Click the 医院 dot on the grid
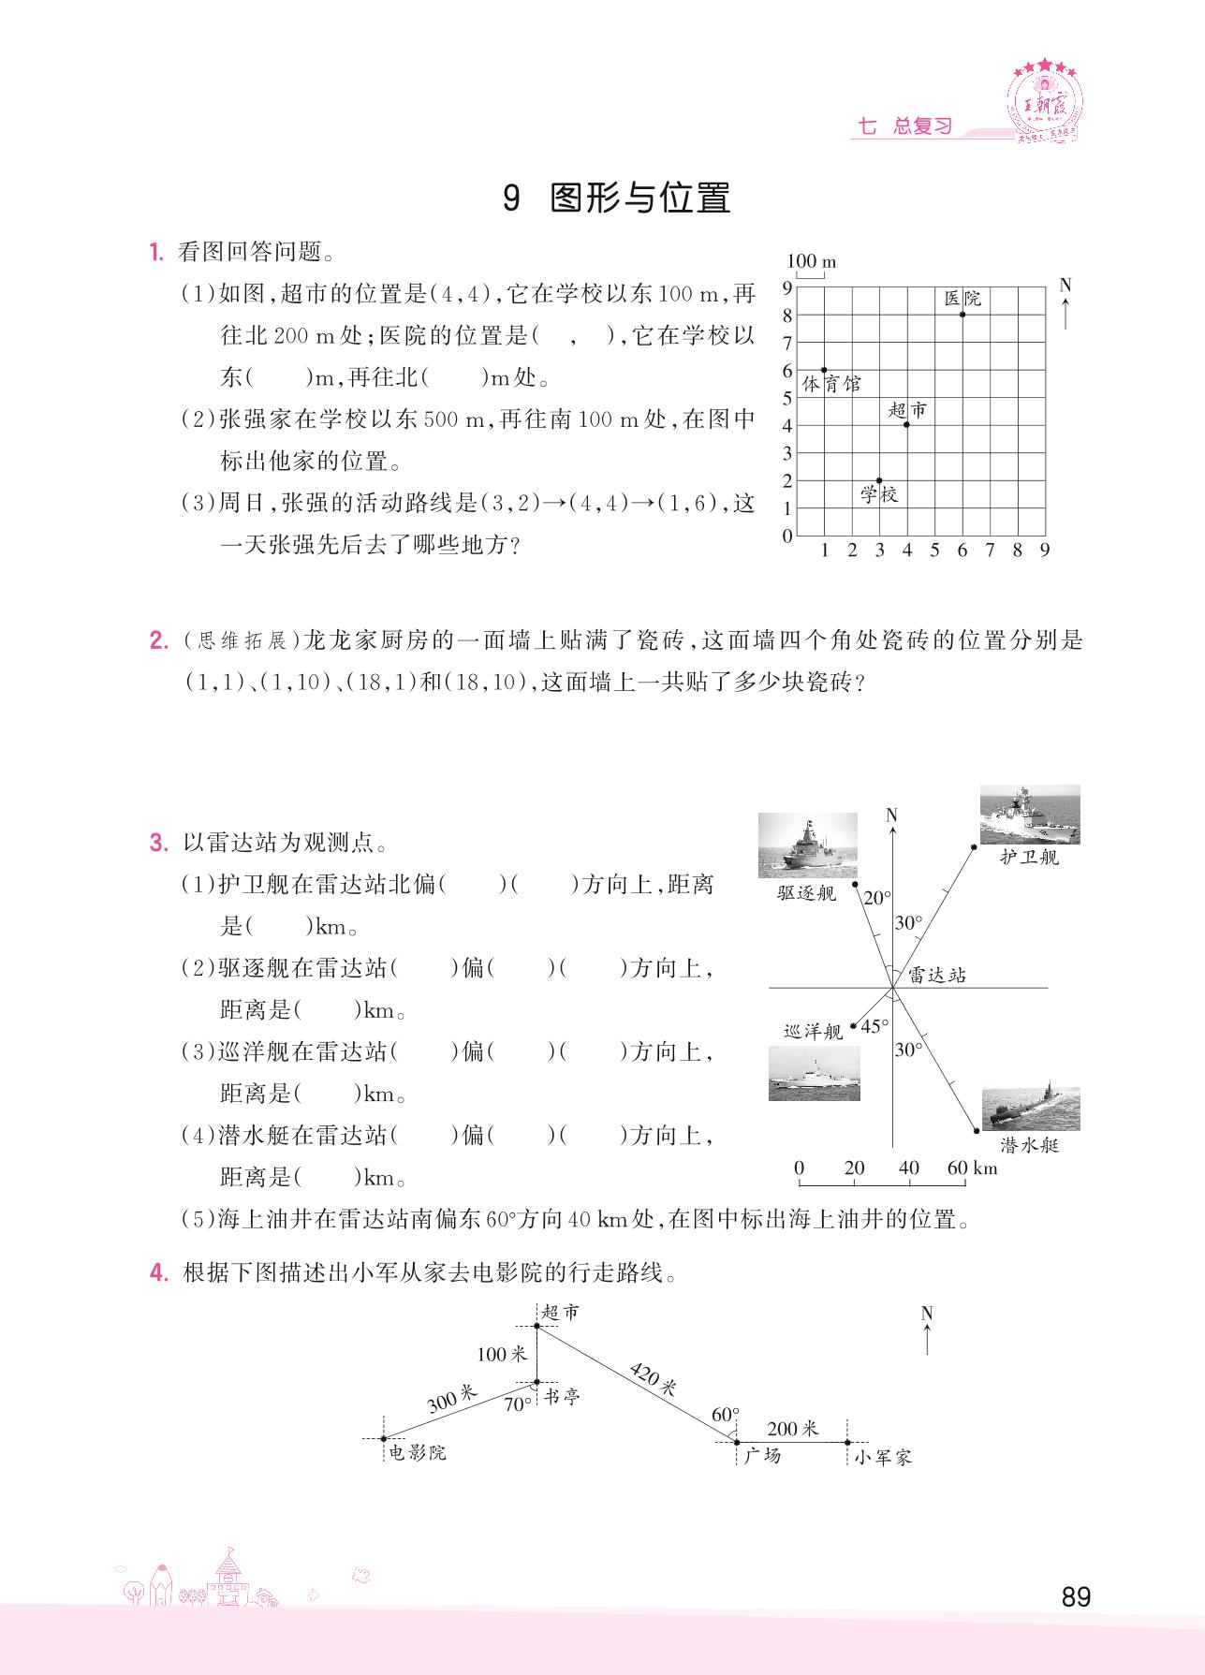[962, 315]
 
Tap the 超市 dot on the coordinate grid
[906, 425]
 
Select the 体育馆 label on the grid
[830, 384]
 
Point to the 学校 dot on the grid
[879, 480]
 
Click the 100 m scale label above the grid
[811, 262]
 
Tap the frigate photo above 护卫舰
[1029, 815]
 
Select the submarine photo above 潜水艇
[1030, 1109]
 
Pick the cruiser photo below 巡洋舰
[814, 1072]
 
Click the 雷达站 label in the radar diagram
[936, 976]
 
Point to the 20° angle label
[877, 898]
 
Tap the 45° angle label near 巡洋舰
[874, 1026]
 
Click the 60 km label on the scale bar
[972, 1168]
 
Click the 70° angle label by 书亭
[518, 1404]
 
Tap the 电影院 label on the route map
[417, 1453]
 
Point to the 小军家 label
[882, 1457]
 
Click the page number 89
[1077, 1596]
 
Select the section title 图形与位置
[639, 198]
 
